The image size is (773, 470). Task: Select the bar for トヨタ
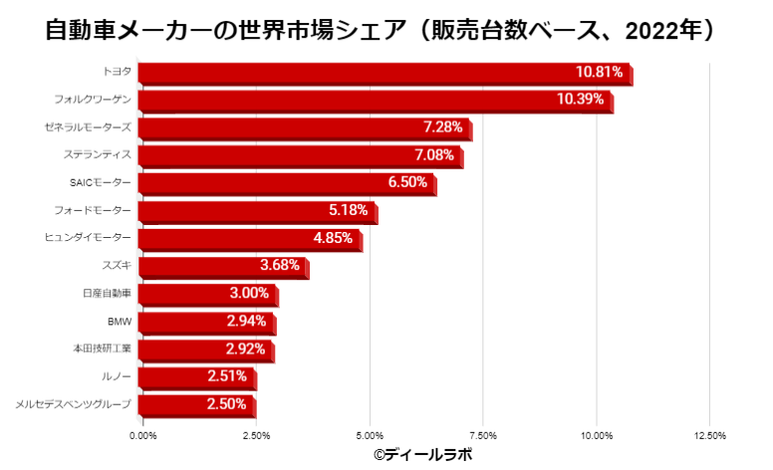pyautogui.click(x=385, y=73)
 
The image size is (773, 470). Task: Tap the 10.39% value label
pyautogui.click(x=579, y=100)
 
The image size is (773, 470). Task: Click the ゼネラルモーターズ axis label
pyautogui.click(x=89, y=127)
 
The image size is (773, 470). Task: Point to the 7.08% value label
pyautogui.click(x=433, y=155)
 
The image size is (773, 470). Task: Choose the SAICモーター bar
pyautogui.click(x=287, y=183)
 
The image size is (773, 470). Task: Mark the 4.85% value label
pyautogui.click(x=333, y=238)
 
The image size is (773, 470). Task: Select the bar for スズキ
pyautogui.click(x=223, y=266)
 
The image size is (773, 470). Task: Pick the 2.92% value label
pyautogui.click(x=245, y=350)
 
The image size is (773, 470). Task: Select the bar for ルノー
pyautogui.click(x=197, y=377)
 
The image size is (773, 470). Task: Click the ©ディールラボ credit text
pyautogui.click(x=422, y=454)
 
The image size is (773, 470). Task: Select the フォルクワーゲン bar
pyautogui.click(x=375, y=101)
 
